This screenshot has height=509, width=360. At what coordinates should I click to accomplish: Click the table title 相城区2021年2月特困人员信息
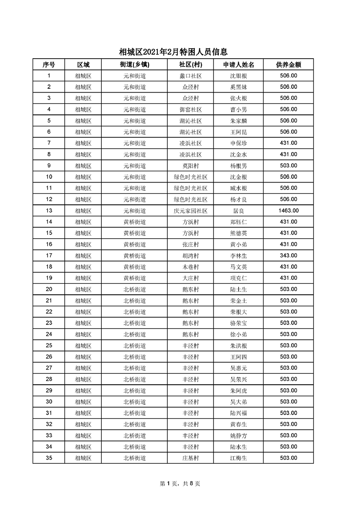[173, 52]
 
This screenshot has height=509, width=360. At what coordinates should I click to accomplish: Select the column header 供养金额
[288, 64]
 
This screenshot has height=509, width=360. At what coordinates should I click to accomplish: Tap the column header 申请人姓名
[238, 64]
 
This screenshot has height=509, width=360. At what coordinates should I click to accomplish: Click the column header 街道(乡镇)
[134, 64]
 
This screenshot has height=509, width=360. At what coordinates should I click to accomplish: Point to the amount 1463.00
[288, 211]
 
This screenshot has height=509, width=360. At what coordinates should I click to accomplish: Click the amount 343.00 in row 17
[288, 256]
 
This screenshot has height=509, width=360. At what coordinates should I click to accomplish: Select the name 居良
[238, 211]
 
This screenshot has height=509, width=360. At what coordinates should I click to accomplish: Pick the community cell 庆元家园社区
[190, 211]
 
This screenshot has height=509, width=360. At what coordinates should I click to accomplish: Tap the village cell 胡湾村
[190, 256]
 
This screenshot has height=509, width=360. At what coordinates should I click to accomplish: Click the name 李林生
[238, 256]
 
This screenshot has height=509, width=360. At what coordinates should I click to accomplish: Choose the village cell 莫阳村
[190, 166]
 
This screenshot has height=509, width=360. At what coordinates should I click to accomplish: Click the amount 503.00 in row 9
[288, 166]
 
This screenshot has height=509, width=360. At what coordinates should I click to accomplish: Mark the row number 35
[49, 458]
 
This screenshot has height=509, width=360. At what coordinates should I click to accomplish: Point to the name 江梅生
[238, 458]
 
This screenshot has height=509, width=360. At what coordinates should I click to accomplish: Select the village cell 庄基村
[190, 458]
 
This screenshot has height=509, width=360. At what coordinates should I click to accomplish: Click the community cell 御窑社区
[190, 110]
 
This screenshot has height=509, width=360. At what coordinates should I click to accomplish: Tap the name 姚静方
[238, 436]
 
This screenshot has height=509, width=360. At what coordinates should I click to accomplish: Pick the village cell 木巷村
[190, 267]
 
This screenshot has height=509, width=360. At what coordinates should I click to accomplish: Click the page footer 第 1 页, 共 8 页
[180, 483]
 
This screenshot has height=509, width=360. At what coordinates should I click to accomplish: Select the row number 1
[49, 76]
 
